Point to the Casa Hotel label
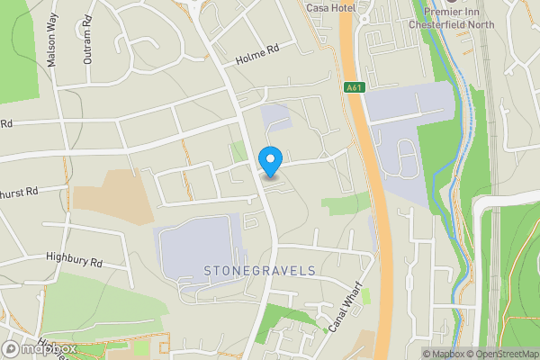[x=331, y=8]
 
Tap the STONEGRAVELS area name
[x=259, y=270]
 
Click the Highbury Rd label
[x=75, y=258]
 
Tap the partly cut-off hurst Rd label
[x=20, y=192]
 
